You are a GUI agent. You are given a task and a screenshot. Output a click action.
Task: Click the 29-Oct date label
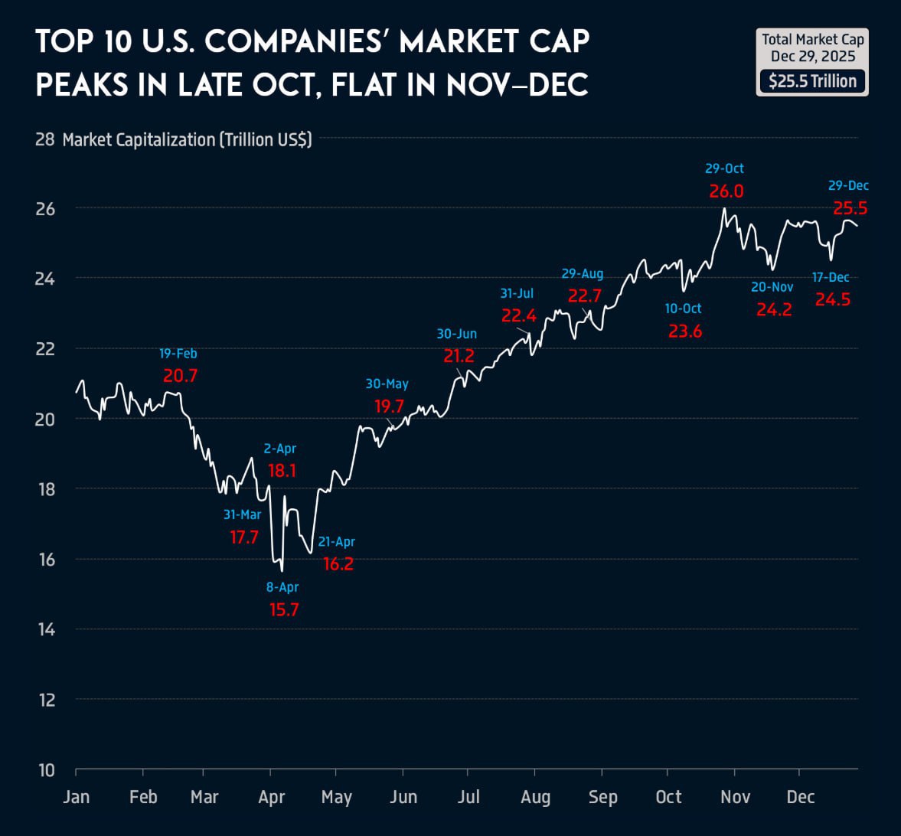click(x=724, y=168)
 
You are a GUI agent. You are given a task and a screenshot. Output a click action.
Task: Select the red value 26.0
click(x=726, y=191)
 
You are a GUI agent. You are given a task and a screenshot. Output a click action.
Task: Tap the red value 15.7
click(x=283, y=610)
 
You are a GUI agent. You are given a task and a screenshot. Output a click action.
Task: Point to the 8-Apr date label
click(x=282, y=587)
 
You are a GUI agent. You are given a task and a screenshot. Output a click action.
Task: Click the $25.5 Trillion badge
click(x=812, y=81)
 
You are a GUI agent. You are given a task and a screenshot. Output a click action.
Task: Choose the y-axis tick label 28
click(x=45, y=139)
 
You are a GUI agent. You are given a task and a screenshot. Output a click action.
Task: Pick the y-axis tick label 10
click(x=47, y=770)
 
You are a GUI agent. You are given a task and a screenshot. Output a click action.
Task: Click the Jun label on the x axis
click(x=403, y=797)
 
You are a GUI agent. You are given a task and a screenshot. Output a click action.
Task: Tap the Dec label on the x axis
click(x=800, y=797)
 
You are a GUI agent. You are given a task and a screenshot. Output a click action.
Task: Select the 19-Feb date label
click(x=178, y=354)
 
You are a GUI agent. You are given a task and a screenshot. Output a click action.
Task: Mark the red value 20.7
click(x=180, y=376)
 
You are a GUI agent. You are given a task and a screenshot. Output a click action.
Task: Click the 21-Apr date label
click(x=337, y=541)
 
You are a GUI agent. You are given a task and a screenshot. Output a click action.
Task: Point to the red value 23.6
click(x=684, y=331)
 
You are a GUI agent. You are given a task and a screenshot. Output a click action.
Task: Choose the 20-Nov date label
click(x=772, y=287)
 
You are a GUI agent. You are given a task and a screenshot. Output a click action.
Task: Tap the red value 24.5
click(x=832, y=300)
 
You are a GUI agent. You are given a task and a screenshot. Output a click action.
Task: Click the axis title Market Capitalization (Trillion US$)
click(x=187, y=139)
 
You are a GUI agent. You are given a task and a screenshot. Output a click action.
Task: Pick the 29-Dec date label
click(x=848, y=185)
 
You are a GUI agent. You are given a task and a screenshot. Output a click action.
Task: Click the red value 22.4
click(x=518, y=315)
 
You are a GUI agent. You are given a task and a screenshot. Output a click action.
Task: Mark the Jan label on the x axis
click(x=76, y=797)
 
